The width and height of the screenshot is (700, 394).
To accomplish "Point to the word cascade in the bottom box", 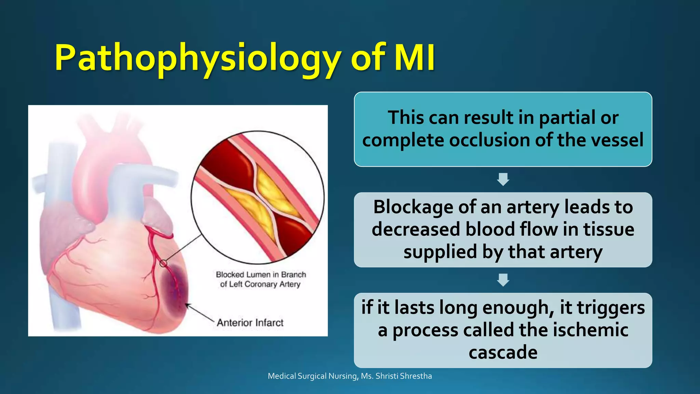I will (x=503, y=352).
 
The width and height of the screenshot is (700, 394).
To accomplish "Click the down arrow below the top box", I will (x=503, y=179).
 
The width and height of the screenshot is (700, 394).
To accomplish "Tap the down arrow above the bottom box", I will (x=503, y=280).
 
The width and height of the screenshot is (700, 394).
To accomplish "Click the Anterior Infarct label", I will (x=250, y=323).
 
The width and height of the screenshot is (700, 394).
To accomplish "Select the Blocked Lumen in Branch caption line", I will (x=261, y=275).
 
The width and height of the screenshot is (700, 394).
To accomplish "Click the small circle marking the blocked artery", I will (x=163, y=263).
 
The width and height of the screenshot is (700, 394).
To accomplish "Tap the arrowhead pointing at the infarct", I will (x=187, y=305).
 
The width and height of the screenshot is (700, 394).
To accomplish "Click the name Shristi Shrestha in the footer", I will (x=404, y=376).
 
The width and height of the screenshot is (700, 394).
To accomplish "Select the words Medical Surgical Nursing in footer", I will (x=312, y=376).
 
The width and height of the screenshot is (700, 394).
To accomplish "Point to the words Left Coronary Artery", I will (x=265, y=284).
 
